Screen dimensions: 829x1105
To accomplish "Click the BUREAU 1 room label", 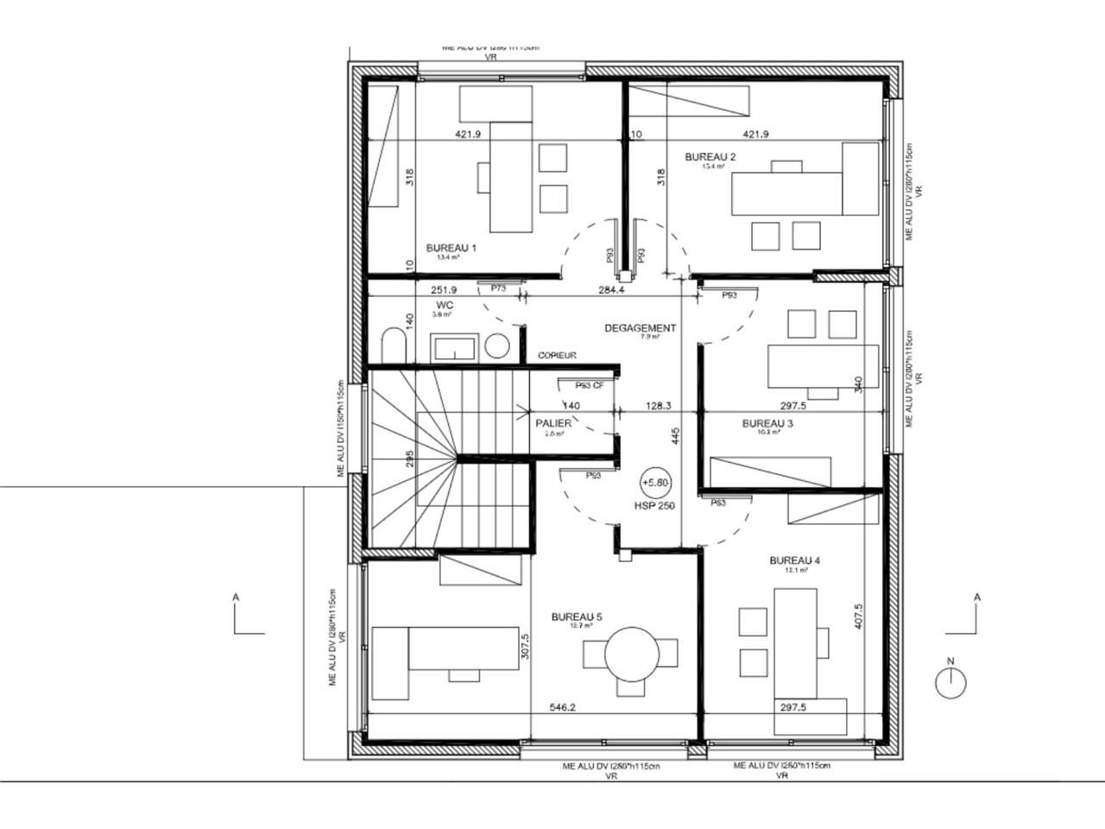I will tap(451, 248).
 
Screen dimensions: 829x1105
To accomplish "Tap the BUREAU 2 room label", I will tap(710, 157).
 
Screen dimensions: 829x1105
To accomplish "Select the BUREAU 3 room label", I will tap(767, 423).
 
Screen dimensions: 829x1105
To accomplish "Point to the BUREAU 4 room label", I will tap(794, 560).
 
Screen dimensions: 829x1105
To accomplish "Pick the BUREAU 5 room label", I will tap(577, 617).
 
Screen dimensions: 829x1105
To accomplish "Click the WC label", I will tap(445, 306).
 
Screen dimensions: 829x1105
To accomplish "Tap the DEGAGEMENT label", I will tap(640, 328).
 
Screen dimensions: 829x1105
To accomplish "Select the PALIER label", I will tap(553, 423).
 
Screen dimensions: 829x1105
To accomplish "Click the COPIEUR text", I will tap(557, 356).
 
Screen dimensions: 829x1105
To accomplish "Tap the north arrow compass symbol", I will tap(951, 683).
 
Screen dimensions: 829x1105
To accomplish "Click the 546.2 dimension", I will tap(563, 708).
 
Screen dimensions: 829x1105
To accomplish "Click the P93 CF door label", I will tap(590, 386).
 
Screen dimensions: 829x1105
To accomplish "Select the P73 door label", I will tap(498, 288).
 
